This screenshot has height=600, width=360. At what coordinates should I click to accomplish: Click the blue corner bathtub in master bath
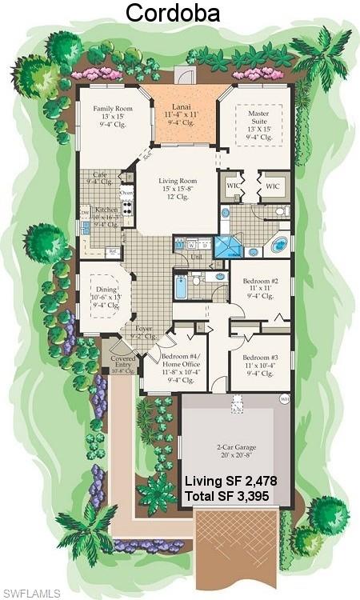pos(278,244)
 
